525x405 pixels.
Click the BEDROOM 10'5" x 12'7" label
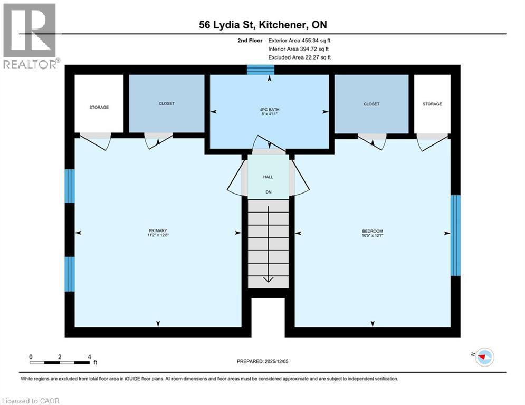pos(373,233)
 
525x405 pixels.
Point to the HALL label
pos(268,177)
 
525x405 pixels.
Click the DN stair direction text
pos(268,192)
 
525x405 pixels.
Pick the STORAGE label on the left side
pos(99,107)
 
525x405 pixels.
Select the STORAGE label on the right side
pos(432,104)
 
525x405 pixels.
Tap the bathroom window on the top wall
pos(261,70)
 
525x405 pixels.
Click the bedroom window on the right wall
pos(455,235)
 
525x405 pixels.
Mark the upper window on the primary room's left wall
pos(70,186)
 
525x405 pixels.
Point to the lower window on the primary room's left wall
pos(70,274)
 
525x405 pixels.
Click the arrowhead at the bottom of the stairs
pos(268,279)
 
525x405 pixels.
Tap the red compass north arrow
pos(483,357)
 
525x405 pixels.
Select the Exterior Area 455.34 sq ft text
pos(299,40)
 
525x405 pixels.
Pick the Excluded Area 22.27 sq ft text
pos(299,57)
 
